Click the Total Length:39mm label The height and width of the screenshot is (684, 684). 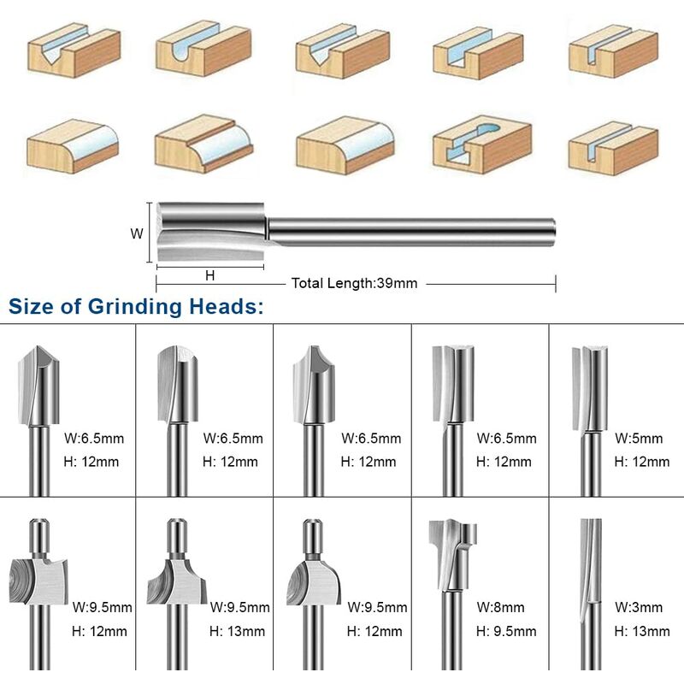354,284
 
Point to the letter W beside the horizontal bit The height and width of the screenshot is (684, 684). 137,233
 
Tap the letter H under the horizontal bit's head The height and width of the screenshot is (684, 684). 209,275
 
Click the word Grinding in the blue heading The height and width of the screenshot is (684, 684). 135,307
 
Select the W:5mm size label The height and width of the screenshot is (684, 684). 639,439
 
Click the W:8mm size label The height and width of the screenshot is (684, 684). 500,607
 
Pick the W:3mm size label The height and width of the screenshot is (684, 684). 639,607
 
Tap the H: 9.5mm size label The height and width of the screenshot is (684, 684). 506,631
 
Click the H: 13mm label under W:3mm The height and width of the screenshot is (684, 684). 642,631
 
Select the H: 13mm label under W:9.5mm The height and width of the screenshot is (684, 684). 237,631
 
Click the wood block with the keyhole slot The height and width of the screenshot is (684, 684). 482,144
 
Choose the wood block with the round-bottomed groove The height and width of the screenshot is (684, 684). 203,48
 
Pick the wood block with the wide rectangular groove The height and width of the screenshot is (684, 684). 478,53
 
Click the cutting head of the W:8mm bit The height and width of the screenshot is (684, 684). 452,554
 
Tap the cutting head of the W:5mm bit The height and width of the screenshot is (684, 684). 589,388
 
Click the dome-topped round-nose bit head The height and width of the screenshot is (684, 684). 178,385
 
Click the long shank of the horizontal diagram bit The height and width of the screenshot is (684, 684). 411,232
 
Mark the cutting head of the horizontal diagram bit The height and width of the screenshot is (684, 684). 211,232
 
